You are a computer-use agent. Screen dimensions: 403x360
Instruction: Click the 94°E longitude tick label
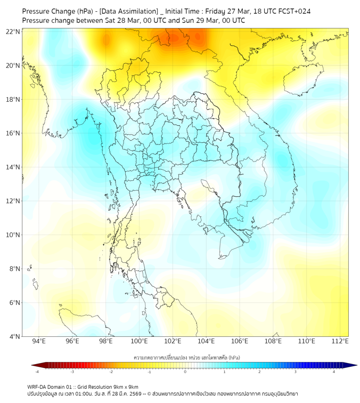coord(39,341)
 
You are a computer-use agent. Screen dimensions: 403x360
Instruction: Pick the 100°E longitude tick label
coord(139,341)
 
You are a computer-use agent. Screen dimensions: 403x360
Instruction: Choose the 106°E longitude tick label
coord(240,341)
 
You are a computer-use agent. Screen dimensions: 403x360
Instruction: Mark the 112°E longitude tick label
coord(340,341)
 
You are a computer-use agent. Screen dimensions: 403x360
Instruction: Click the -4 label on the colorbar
coord(36,372)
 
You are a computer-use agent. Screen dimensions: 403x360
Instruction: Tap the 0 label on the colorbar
coord(186,372)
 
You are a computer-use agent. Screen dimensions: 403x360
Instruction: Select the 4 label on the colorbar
coord(334,372)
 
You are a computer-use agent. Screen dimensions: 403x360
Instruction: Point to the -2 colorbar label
coord(111,372)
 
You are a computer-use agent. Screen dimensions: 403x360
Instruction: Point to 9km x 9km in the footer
coord(125,386)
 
